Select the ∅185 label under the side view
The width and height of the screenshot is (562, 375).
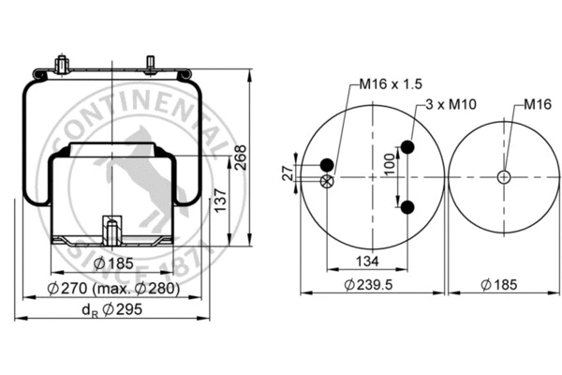click(114, 264)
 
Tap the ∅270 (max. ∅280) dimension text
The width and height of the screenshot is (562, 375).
click(113, 289)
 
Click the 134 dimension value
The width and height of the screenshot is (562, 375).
click(366, 261)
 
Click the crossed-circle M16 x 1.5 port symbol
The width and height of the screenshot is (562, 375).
click(326, 181)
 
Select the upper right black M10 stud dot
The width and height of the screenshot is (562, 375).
click(408, 146)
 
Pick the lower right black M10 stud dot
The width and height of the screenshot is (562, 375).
click(408, 206)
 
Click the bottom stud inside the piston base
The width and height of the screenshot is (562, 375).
click(111, 229)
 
